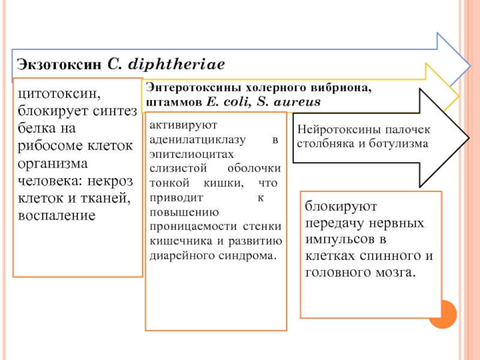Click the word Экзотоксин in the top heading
[x=59, y=64]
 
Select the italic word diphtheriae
[x=176, y=64]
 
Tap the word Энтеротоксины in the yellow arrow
[x=194, y=88]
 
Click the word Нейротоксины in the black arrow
[x=338, y=130]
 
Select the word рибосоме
[x=50, y=146]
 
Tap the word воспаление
[x=56, y=215]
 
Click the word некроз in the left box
[x=110, y=181]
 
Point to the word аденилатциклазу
[x=197, y=140]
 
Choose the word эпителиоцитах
[x=191, y=154]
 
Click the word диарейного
[x=182, y=256]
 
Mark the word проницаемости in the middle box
[x=193, y=227]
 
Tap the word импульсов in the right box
[x=340, y=239]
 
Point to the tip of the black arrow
[x=469, y=138]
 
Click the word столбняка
[x=326, y=143]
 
